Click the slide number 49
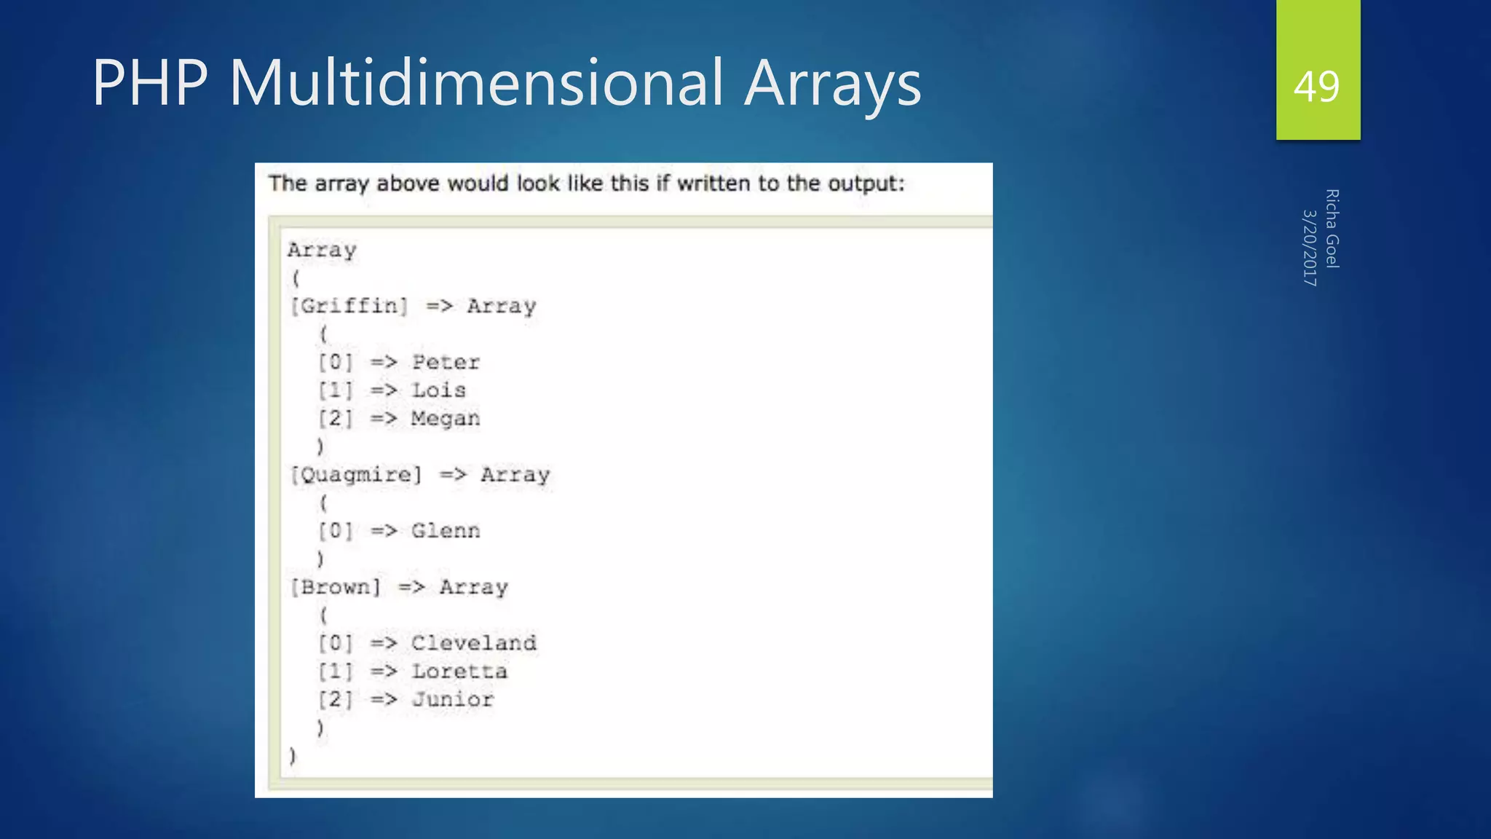[1316, 87]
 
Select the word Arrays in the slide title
[833, 84]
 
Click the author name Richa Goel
[1332, 229]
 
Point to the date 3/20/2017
[1309, 248]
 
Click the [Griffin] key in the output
[349, 306]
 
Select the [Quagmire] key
[356, 475]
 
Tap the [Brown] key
[336, 587]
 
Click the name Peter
[446, 363]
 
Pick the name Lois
[438, 390]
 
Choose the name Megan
[446, 419]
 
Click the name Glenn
[446, 531]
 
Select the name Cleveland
[474, 643]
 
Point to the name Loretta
[459, 671]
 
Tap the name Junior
[453, 700]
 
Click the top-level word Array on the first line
[322, 251]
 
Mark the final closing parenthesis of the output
[293, 756]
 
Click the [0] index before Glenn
[336, 531]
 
